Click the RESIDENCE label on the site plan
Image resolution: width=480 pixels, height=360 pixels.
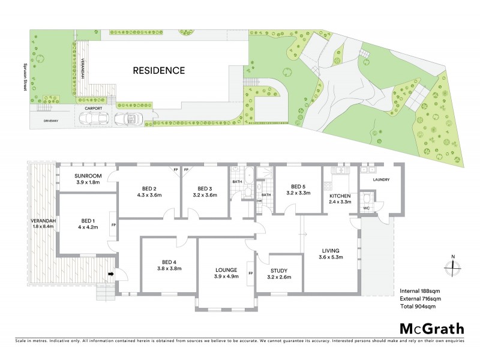point(158,70)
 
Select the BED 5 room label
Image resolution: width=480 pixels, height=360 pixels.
point(298,187)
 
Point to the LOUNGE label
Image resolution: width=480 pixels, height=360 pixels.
point(227,269)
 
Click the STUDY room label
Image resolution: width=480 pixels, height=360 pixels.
point(278,271)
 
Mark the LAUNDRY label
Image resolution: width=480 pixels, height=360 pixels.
point(382,179)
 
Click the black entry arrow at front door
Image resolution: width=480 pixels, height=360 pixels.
point(111,275)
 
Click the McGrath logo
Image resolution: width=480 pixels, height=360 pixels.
point(432,328)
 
